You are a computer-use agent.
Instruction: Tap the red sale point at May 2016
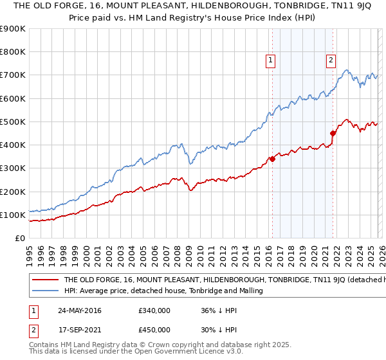[x=272, y=159]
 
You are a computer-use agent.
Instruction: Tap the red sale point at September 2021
[x=333, y=133]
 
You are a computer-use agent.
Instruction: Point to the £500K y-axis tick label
[x=13, y=122]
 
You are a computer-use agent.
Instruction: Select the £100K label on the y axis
[x=13, y=215]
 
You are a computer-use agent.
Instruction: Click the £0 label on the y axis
[x=19, y=238]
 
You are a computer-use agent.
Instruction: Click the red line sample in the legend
[x=44, y=280]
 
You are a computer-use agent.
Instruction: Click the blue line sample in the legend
[x=44, y=291]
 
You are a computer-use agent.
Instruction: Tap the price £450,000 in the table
[x=154, y=330]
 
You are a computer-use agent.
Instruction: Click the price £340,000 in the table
[x=154, y=310]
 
